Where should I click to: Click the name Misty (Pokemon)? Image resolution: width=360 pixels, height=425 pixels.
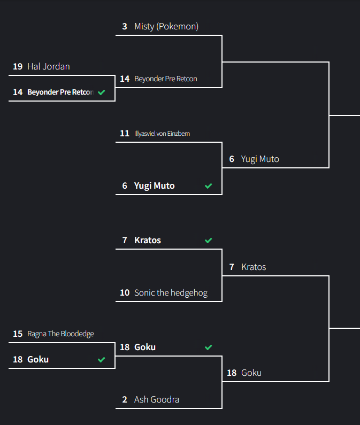pos(166,26)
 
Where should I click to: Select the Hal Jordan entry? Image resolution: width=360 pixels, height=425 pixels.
pos(49,66)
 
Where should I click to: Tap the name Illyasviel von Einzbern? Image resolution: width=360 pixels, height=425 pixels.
pos(162,133)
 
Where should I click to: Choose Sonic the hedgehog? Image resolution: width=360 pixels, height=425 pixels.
pos(171,292)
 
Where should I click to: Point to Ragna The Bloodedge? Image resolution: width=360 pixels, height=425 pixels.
pos(60,334)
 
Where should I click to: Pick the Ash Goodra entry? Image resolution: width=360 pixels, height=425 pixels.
pos(157,399)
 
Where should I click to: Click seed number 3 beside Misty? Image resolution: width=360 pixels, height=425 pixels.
pos(125,26)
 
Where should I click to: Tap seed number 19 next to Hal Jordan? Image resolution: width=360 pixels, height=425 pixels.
pos(18,66)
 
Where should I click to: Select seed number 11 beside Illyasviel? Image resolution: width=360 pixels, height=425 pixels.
pos(125,133)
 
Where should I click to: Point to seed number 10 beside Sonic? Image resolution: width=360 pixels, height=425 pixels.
pos(125,292)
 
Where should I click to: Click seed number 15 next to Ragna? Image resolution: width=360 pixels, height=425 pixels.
pos(18,334)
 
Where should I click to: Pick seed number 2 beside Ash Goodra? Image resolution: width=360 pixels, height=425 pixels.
pos(125,399)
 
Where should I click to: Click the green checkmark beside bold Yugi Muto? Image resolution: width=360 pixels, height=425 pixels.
pos(209,186)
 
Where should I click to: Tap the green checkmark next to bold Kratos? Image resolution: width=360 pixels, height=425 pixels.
pos(209,241)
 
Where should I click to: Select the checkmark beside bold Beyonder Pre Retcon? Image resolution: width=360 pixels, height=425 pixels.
pos(102,92)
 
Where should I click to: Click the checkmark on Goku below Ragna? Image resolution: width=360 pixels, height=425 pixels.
pos(102,360)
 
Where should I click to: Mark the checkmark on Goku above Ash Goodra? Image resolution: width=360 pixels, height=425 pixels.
pos(209,347)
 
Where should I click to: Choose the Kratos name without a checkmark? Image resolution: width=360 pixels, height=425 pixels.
pos(254,267)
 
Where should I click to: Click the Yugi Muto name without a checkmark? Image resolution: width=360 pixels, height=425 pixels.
pos(260,159)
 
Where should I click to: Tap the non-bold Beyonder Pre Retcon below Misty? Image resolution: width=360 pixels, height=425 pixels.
pos(166,79)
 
